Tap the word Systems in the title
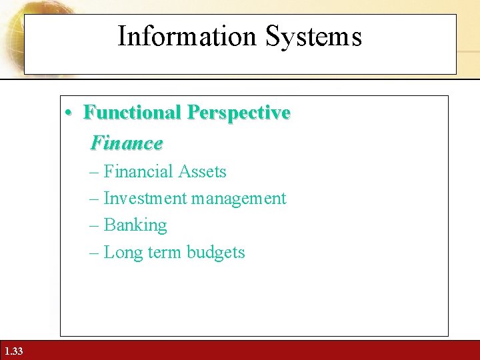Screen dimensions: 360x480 [x=313, y=37]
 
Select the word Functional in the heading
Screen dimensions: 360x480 [x=133, y=113]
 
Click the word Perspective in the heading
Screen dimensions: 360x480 [x=239, y=113]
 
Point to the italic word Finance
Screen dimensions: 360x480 [x=126, y=143]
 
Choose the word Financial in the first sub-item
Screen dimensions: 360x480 [x=135, y=172]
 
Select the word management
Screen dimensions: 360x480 [x=239, y=199]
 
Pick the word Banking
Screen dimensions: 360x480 [x=135, y=225]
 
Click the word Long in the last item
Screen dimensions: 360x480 [x=120, y=253]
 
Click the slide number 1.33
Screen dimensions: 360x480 [x=13, y=351]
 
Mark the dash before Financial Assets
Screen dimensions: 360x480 [x=93, y=173]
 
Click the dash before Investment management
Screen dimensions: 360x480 [x=93, y=199]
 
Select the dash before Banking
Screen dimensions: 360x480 [x=93, y=226]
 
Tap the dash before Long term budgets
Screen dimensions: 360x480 [x=93, y=253]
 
